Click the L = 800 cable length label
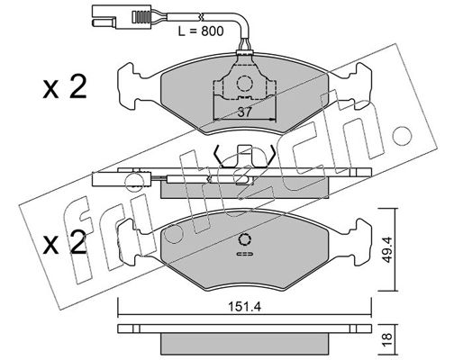pos(201,31)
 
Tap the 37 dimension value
pos(244,112)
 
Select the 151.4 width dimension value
pos(244,307)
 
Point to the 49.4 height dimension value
pos(388,249)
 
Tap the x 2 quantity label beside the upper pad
pos(65,87)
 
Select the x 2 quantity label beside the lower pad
pos(65,243)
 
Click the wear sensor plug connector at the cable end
pos(120,18)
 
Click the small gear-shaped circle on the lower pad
pos(244,239)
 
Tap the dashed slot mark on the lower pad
pos(245,254)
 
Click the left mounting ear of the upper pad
pos(129,85)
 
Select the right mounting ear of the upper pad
pos(361,85)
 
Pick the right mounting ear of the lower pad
pos(361,242)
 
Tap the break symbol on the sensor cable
pos(201,16)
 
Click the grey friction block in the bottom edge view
pos(245,344)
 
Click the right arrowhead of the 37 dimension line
pos(272,120)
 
